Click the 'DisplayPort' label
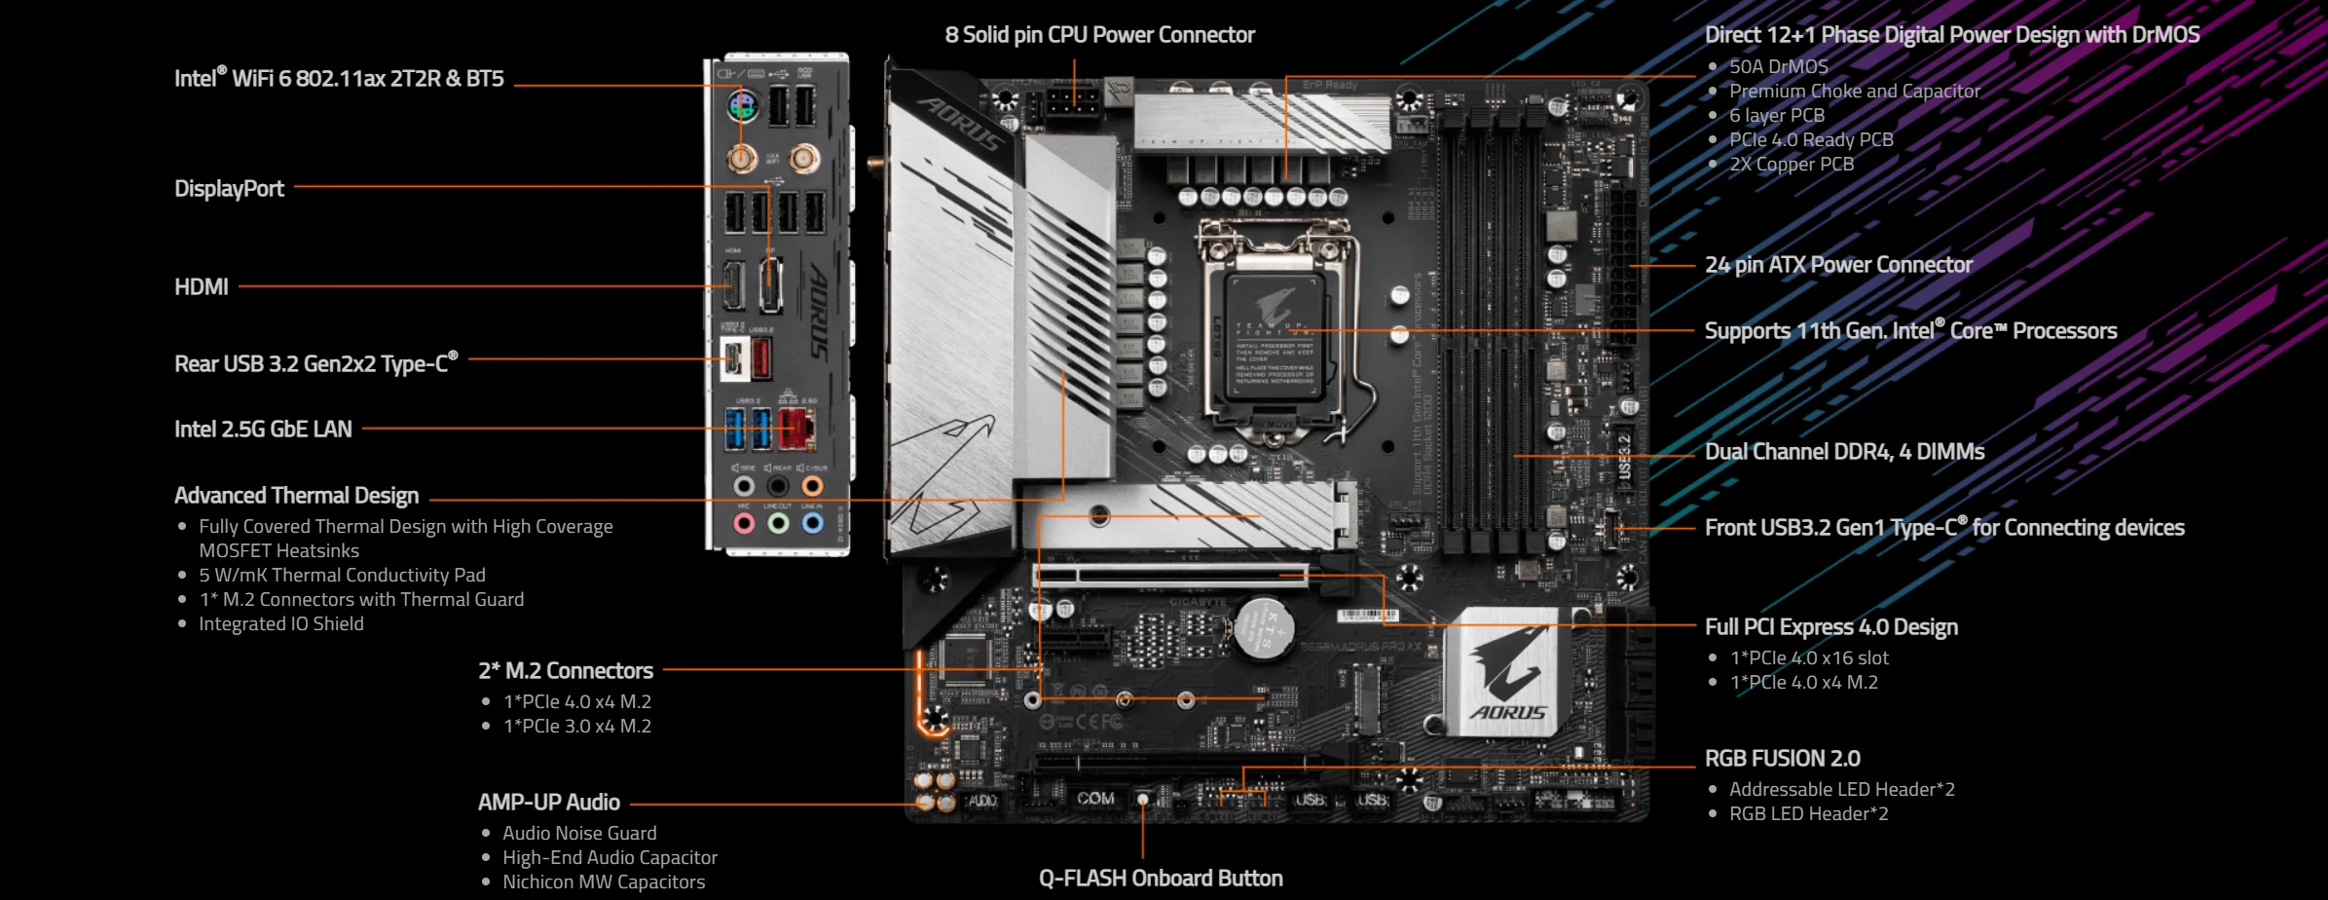pyautogui.click(x=229, y=189)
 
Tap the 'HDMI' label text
pyautogui.click(x=202, y=287)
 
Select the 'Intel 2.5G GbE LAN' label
pyautogui.click(x=263, y=430)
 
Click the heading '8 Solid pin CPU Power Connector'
pyautogui.click(x=1099, y=35)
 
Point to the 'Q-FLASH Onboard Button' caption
pyautogui.click(x=1161, y=879)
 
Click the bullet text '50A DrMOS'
pyautogui.click(x=1778, y=67)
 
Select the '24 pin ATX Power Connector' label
pyautogui.click(x=1838, y=265)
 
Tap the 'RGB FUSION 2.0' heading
pyautogui.click(x=1782, y=759)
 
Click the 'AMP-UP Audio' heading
pyautogui.click(x=549, y=803)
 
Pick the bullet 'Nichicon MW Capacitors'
pyautogui.click(x=604, y=882)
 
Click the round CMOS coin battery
pyautogui.click(x=1264, y=624)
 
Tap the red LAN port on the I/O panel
pyautogui.click(x=795, y=428)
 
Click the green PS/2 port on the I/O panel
pyautogui.click(x=743, y=105)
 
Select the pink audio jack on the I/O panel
pyautogui.click(x=744, y=524)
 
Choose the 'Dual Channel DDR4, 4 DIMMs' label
pyautogui.click(x=1844, y=452)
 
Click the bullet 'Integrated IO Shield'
pyautogui.click(x=281, y=624)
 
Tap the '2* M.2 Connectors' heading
pyautogui.click(x=566, y=671)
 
